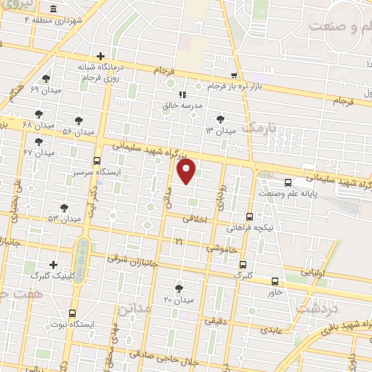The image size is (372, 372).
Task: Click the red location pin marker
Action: [x=187, y=171]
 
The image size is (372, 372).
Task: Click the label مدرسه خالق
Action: [x=184, y=106]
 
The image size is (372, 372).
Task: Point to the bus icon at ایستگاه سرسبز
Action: [x=97, y=161]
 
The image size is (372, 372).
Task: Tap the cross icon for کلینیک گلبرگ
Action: [x=52, y=264]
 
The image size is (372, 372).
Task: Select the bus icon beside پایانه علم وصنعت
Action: [x=288, y=183]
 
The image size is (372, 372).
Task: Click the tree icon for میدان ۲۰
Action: [x=179, y=288]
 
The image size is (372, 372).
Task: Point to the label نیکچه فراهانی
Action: [x=250, y=228]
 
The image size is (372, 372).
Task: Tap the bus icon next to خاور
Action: [x=274, y=281]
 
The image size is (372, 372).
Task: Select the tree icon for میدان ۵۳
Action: [x=64, y=207]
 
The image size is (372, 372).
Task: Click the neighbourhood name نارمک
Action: [x=259, y=129]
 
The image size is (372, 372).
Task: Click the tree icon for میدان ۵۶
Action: [x=78, y=121]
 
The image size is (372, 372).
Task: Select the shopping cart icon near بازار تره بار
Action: [x=233, y=75]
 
